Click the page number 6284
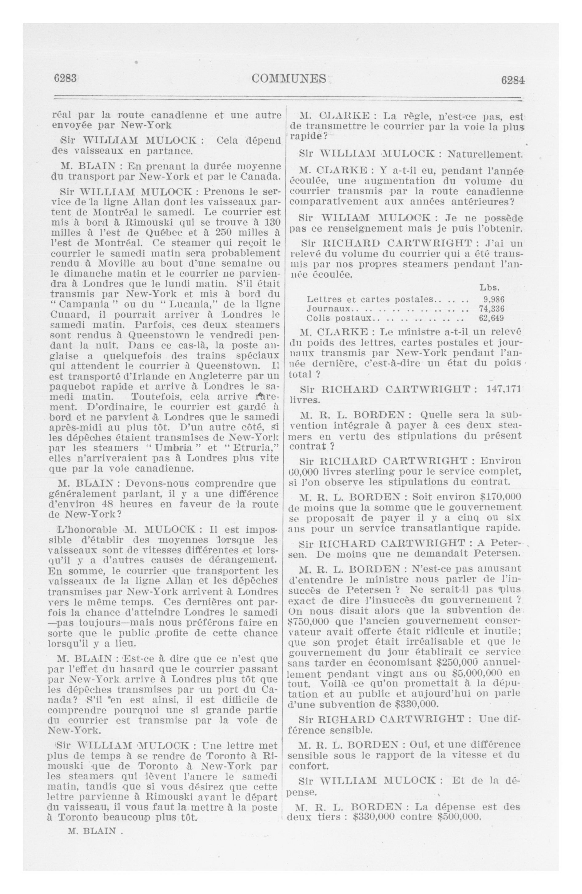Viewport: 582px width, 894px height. pyautogui.click(x=512, y=80)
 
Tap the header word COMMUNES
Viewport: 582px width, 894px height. pyautogui.click(x=289, y=78)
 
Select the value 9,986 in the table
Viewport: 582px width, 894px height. pyautogui.click(x=494, y=299)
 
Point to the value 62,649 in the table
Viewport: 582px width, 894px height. pyautogui.click(x=491, y=318)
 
